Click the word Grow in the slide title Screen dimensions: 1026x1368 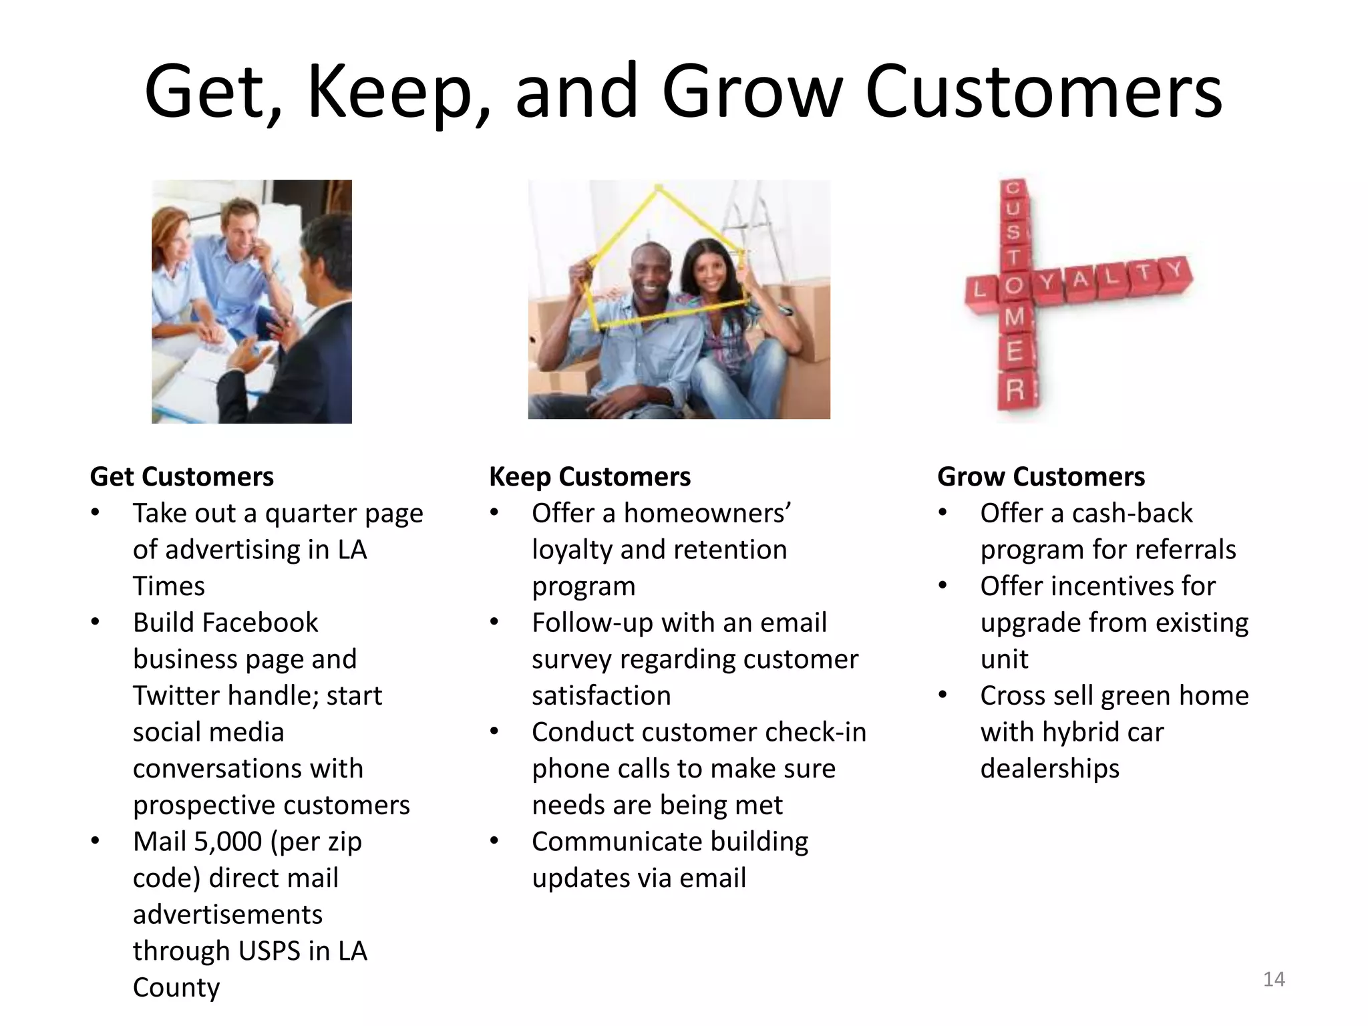(x=751, y=92)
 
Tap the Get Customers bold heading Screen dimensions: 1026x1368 (x=182, y=476)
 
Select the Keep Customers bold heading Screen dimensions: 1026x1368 (x=590, y=476)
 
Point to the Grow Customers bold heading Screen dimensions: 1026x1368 (x=1041, y=476)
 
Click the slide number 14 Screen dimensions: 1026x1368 (x=1274, y=979)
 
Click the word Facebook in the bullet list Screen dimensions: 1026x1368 (x=259, y=623)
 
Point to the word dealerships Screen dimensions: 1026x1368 (x=1049, y=768)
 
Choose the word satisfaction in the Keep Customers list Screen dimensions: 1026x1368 (x=601, y=695)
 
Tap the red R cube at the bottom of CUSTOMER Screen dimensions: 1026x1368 (x=1015, y=389)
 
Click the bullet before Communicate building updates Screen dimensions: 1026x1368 (x=494, y=841)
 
